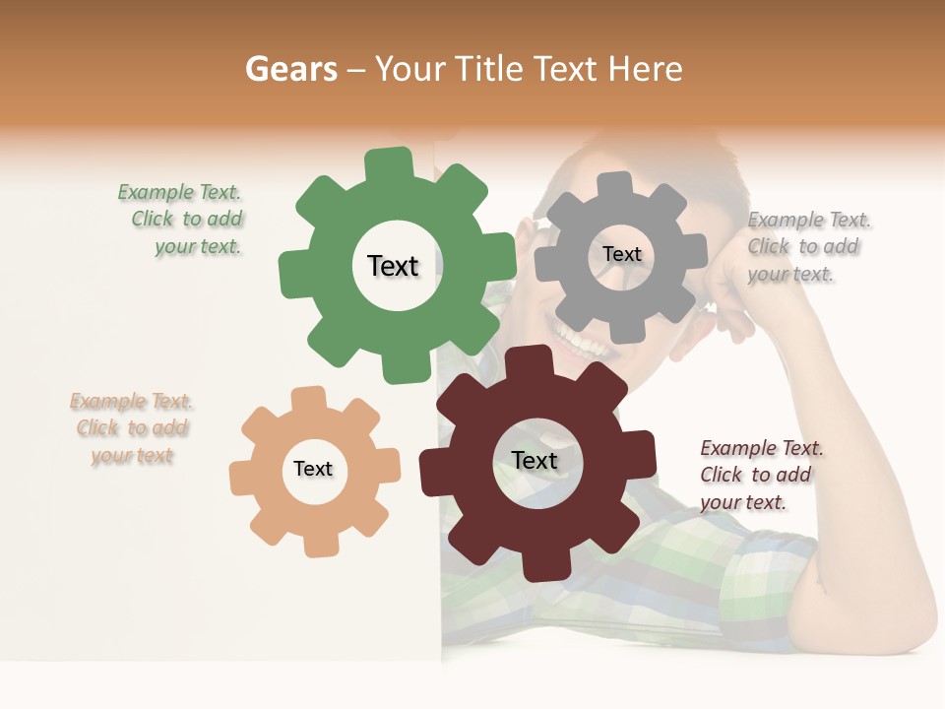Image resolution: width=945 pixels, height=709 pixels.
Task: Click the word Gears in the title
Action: point(291,69)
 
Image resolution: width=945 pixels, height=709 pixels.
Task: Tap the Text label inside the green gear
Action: point(393,266)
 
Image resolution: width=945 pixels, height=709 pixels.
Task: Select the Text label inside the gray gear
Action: point(621,254)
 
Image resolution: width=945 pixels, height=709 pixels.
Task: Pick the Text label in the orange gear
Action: point(313,470)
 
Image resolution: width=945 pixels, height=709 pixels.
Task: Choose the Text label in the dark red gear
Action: point(535,461)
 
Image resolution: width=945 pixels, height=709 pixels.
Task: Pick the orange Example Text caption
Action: point(131,428)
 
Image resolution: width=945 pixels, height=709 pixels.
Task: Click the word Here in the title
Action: point(646,69)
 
